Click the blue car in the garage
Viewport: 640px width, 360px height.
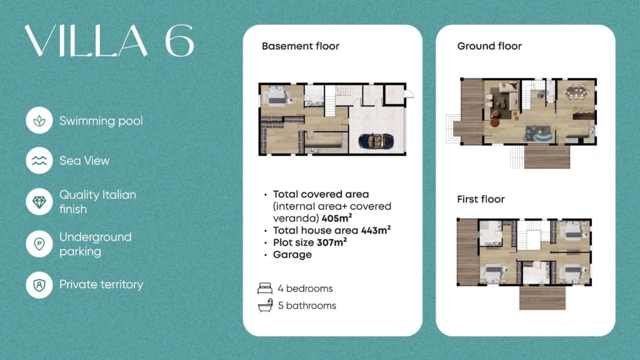(376, 141)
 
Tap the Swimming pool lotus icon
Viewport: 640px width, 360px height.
(39, 121)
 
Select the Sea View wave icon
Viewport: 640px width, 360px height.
(39, 161)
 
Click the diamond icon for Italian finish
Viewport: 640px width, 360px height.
(39, 202)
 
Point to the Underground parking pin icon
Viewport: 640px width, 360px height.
(39, 244)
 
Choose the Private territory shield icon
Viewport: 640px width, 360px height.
(39, 284)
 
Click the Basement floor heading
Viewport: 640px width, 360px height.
(301, 46)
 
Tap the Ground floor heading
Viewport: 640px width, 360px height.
(489, 46)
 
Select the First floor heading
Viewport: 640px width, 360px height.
(481, 199)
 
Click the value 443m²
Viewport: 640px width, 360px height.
(376, 230)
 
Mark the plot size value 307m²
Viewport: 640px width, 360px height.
(332, 242)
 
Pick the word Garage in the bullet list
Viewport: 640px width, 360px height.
(292, 255)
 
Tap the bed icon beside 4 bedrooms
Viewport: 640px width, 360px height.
(265, 289)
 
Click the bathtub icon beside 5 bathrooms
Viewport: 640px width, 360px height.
(265, 305)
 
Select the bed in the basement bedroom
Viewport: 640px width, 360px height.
(276, 96)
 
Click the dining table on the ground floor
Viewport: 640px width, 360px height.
(576, 92)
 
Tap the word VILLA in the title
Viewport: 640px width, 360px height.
(86, 41)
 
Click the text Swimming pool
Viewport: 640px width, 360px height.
(101, 121)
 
